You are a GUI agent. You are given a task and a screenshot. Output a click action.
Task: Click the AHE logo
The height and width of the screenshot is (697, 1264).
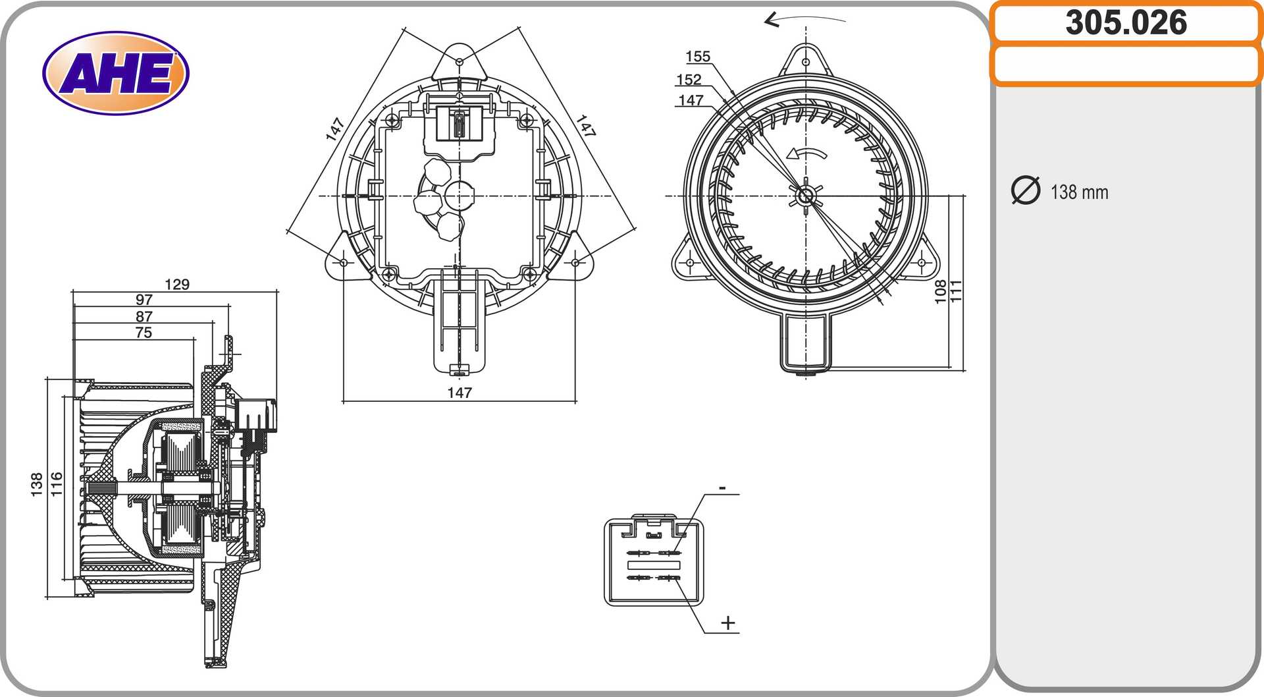116,72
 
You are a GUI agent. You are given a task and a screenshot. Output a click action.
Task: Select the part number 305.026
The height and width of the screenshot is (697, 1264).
1126,22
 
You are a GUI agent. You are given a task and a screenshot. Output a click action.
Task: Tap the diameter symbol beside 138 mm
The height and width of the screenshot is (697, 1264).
1025,190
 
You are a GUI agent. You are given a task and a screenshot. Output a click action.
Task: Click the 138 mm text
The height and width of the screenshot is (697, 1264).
1080,192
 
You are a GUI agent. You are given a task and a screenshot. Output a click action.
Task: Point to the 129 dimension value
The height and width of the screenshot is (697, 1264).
177,284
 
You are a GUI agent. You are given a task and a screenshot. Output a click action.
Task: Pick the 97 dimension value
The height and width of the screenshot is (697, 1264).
144,300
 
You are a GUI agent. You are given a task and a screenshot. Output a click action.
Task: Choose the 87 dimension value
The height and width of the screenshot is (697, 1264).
144,317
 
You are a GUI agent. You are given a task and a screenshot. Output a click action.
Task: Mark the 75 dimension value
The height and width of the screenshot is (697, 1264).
144,333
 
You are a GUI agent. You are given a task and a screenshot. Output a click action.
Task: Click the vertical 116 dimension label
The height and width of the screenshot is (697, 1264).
57,484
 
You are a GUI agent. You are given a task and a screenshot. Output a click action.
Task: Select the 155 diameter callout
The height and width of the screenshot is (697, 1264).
698,57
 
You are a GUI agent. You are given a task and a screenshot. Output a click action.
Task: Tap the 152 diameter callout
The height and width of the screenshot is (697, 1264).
689,80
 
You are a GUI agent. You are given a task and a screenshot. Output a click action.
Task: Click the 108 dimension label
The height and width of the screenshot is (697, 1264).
940,292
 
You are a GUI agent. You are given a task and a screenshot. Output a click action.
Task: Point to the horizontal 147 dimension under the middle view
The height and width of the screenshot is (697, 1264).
460,393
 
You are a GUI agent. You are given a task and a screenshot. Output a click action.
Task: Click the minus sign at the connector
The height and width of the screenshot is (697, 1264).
722,488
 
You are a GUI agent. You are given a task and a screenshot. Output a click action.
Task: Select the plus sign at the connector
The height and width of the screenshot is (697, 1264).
728,623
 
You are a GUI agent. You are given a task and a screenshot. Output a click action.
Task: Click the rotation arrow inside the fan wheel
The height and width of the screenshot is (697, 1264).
806,153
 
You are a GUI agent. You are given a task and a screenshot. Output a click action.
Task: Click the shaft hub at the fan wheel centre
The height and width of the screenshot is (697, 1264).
806,196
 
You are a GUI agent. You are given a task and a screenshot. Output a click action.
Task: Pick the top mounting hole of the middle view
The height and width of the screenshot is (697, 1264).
460,61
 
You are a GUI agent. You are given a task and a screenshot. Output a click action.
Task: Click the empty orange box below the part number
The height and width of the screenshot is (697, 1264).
1126,65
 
